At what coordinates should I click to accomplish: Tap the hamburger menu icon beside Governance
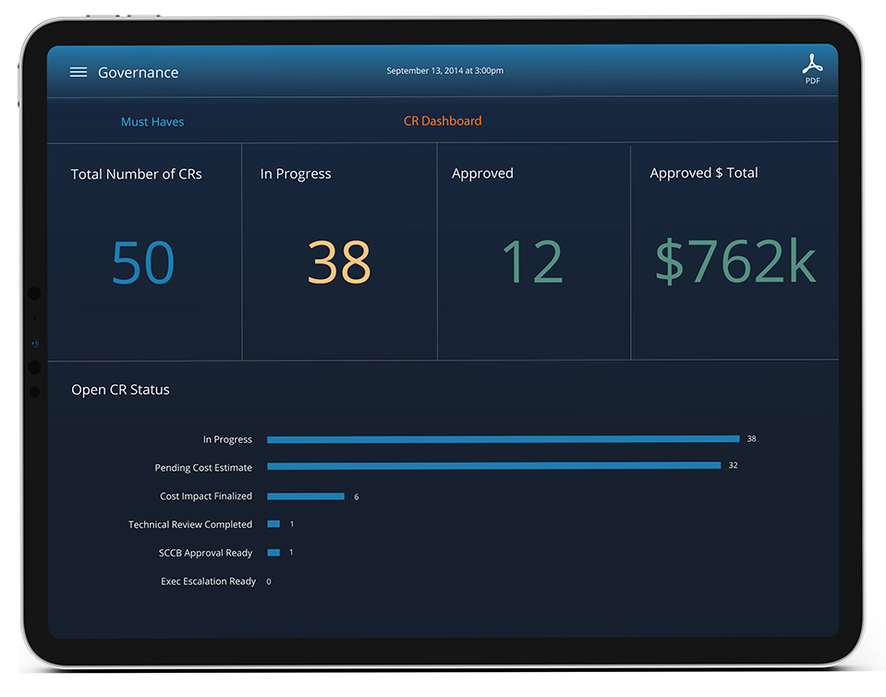click(x=79, y=72)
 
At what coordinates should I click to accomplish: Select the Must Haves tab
click(x=152, y=122)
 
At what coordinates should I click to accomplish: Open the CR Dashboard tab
click(x=443, y=121)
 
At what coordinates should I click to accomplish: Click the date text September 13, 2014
click(x=444, y=71)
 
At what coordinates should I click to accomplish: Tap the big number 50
click(x=143, y=262)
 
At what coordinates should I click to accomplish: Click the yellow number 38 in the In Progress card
click(x=339, y=262)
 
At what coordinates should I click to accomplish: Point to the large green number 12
click(x=532, y=262)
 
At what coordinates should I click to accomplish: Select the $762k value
click(x=735, y=262)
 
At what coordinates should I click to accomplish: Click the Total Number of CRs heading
click(x=137, y=174)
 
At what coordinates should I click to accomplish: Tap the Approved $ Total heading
click(x=703, y=173)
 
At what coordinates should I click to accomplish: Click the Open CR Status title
click(x=121, y=390)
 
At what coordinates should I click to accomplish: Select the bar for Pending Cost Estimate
click(x=493, y=466)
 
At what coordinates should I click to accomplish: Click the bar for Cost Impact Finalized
click(x=306, y=496)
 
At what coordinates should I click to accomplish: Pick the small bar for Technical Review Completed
click(x=273, y=524)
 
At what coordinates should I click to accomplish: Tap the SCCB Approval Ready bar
click(x=273, y=553)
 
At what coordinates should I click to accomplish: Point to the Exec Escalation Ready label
click(x=209, y=581)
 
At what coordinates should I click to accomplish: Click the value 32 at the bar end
click(x=733, y=466)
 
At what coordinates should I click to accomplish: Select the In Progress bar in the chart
click(x=504, y=439)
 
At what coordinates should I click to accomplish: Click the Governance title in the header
click(x=139, y=72)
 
